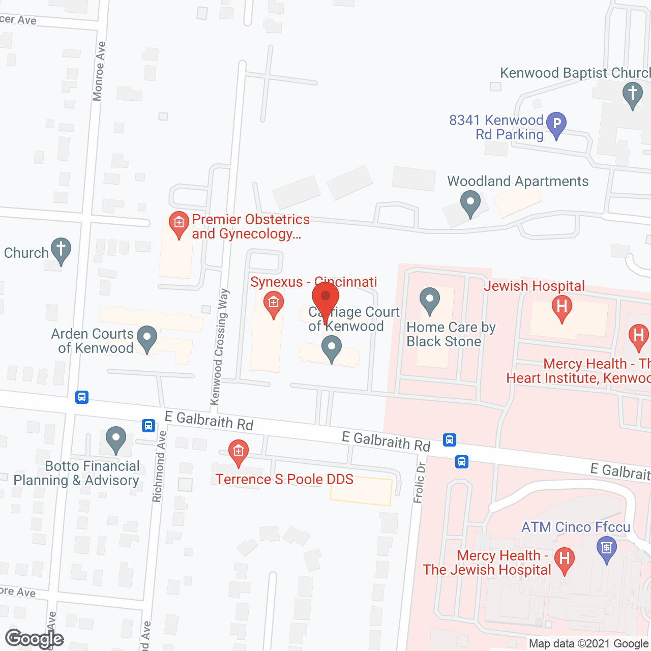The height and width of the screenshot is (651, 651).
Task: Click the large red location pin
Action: (325, 298)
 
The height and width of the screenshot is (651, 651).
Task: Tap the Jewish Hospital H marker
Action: (561, 307)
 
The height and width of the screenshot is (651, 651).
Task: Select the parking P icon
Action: (556, 124)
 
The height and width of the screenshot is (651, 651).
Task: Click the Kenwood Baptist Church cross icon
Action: (632, 95)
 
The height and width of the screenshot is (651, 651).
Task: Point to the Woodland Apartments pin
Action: (470, 202)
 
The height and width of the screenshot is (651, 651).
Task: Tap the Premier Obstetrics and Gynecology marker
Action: (179, 223)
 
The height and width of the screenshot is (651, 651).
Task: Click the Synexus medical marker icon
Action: (273, 303)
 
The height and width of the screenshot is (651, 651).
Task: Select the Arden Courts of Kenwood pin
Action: (147, 338)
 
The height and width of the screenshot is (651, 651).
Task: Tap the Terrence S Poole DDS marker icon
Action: (238, 451)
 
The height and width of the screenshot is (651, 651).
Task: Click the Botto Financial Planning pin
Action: (116, 438)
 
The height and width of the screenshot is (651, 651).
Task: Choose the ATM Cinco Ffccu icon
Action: (606, 549)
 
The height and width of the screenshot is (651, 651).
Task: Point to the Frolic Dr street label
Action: (420, 482)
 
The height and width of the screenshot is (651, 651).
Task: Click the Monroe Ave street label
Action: (99, 71)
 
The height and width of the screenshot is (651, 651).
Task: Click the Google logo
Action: (35, 639)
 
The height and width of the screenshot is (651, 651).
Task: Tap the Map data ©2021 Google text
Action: (589, 644)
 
